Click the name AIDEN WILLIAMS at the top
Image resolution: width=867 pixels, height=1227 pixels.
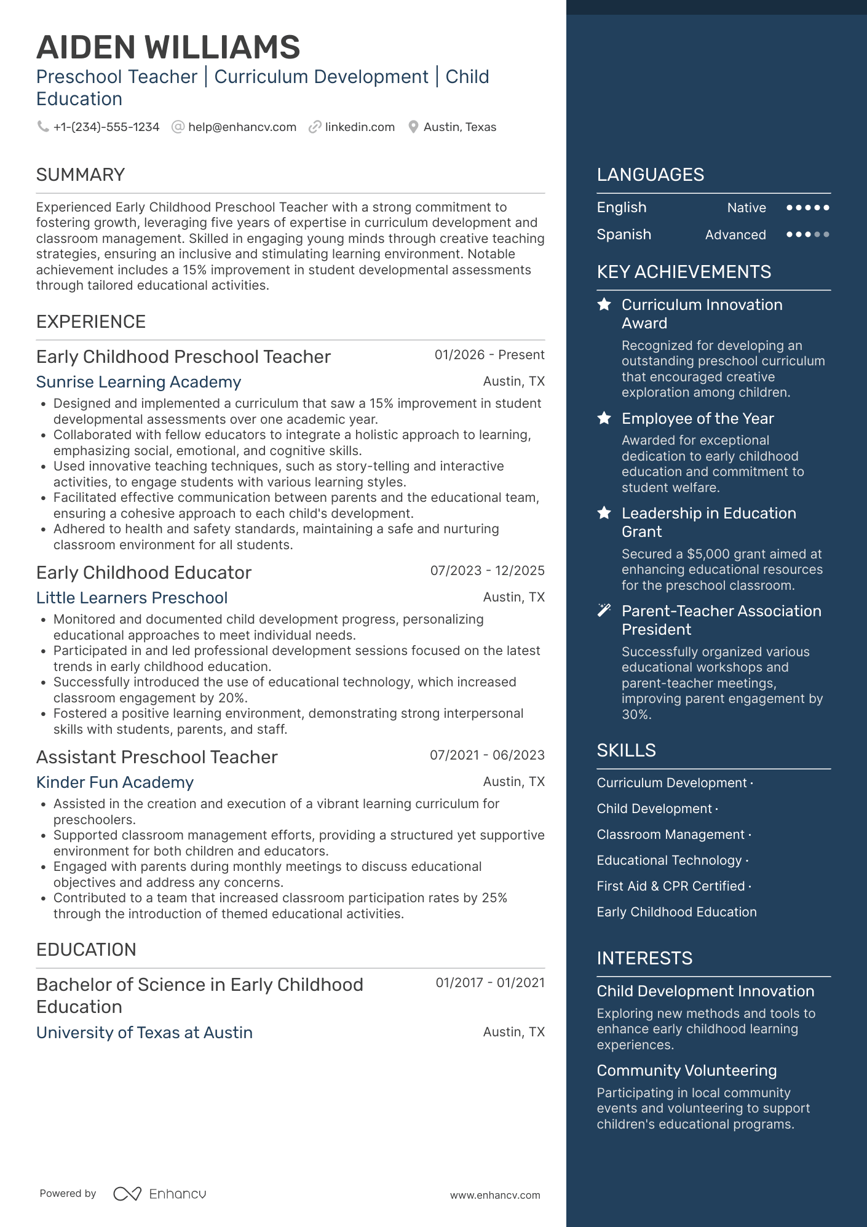pyautogui.click(x=168, y=47)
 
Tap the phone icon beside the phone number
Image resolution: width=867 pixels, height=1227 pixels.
pyautogui.click(x=43, y=127)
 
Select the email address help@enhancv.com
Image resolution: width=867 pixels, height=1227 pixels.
pyautogui.click(x=242, y=127)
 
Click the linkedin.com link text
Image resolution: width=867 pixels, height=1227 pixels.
pyautogui.click(x=360, y=127)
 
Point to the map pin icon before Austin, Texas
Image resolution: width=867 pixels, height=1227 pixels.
pyautogui.click(x=413, y=127)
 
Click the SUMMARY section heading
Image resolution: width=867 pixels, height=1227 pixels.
pyautogui.click(x=81, y=175)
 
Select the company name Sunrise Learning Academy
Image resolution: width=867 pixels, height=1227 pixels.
pyautogui.click(x=138, y=382)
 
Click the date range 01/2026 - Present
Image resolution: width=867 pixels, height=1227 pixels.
pyautogui.click(x=489, y=355)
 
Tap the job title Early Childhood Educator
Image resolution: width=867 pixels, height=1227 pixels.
pyautogui.click(x=144, y=573)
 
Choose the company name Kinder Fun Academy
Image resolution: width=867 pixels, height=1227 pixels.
pyautogui.click(x=115, y=782)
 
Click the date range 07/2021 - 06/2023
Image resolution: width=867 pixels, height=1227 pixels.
pyautogui.click(x=487, y=755)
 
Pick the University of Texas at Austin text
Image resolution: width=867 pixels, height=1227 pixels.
pyautogui.click(x=144, y=1033)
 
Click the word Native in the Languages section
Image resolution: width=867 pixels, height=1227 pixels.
pyautogui.click(x=746, y=208)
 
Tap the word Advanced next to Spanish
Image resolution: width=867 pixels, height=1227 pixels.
pyautogui.click(x=735, y=235)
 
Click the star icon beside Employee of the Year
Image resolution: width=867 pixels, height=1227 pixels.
pyautogui.click(x=604, y=418)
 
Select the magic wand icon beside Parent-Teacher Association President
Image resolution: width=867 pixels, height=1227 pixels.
pyautogui.click(x=604, y=610)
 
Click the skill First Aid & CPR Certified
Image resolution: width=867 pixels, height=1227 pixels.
pyautogui.click(x=671, y=886)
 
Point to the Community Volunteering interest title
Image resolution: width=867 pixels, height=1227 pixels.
pyautogui.click(x=687, y=1071)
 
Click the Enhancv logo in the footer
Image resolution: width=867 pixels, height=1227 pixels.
pyautogui.click(x=160, y=1194)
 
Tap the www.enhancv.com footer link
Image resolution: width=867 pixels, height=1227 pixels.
pyautogui.click(x=495, y=1195)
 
